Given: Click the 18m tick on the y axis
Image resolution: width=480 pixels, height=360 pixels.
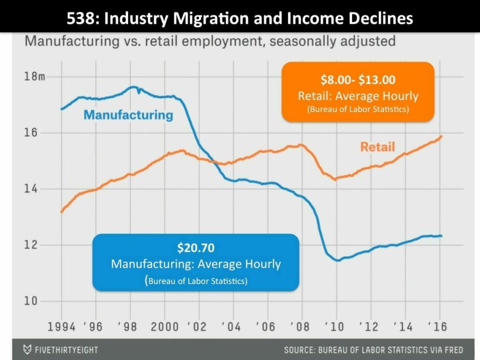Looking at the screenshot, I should click(x=35, y=77).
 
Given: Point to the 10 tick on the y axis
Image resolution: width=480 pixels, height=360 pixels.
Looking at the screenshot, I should click(x=30, y=301).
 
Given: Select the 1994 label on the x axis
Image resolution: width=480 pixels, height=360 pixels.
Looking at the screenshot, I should click(x=62, y=327).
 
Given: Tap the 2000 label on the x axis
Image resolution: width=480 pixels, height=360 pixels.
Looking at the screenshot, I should click(x=165, y=327).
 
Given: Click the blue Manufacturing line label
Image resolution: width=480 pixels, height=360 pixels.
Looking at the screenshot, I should click(x=128, y=114).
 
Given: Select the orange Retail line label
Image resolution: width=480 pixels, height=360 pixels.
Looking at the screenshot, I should click(x=377, y=147).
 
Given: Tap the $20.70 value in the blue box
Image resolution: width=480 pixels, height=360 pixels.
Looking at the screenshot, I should click(x=195, y=247).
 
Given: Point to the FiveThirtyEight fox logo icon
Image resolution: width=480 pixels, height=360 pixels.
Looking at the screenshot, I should click(x=28, y=350).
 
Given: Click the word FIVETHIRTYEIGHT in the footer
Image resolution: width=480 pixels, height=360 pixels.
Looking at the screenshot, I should click(x=67, y=350).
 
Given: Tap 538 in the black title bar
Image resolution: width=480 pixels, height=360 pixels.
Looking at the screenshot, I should click(x=81, y=18).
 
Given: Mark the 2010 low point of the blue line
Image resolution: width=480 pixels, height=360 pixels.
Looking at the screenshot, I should click(x=337, y=260).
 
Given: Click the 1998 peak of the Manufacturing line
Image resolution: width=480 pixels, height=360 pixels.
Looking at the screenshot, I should click(x=133, y=87).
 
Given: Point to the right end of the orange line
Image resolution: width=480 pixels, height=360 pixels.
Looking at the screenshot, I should click(x=442, y=136).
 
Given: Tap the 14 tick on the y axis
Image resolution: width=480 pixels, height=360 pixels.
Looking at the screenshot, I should click(x=30, y=189).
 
